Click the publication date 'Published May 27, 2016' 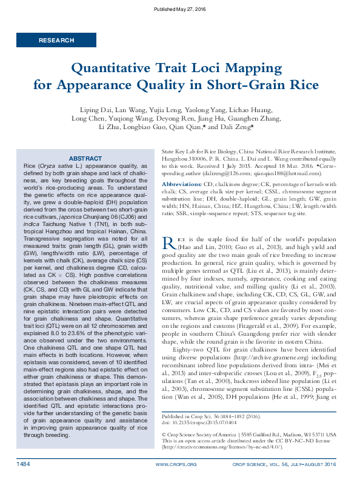180,10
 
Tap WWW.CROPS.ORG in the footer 176,464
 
